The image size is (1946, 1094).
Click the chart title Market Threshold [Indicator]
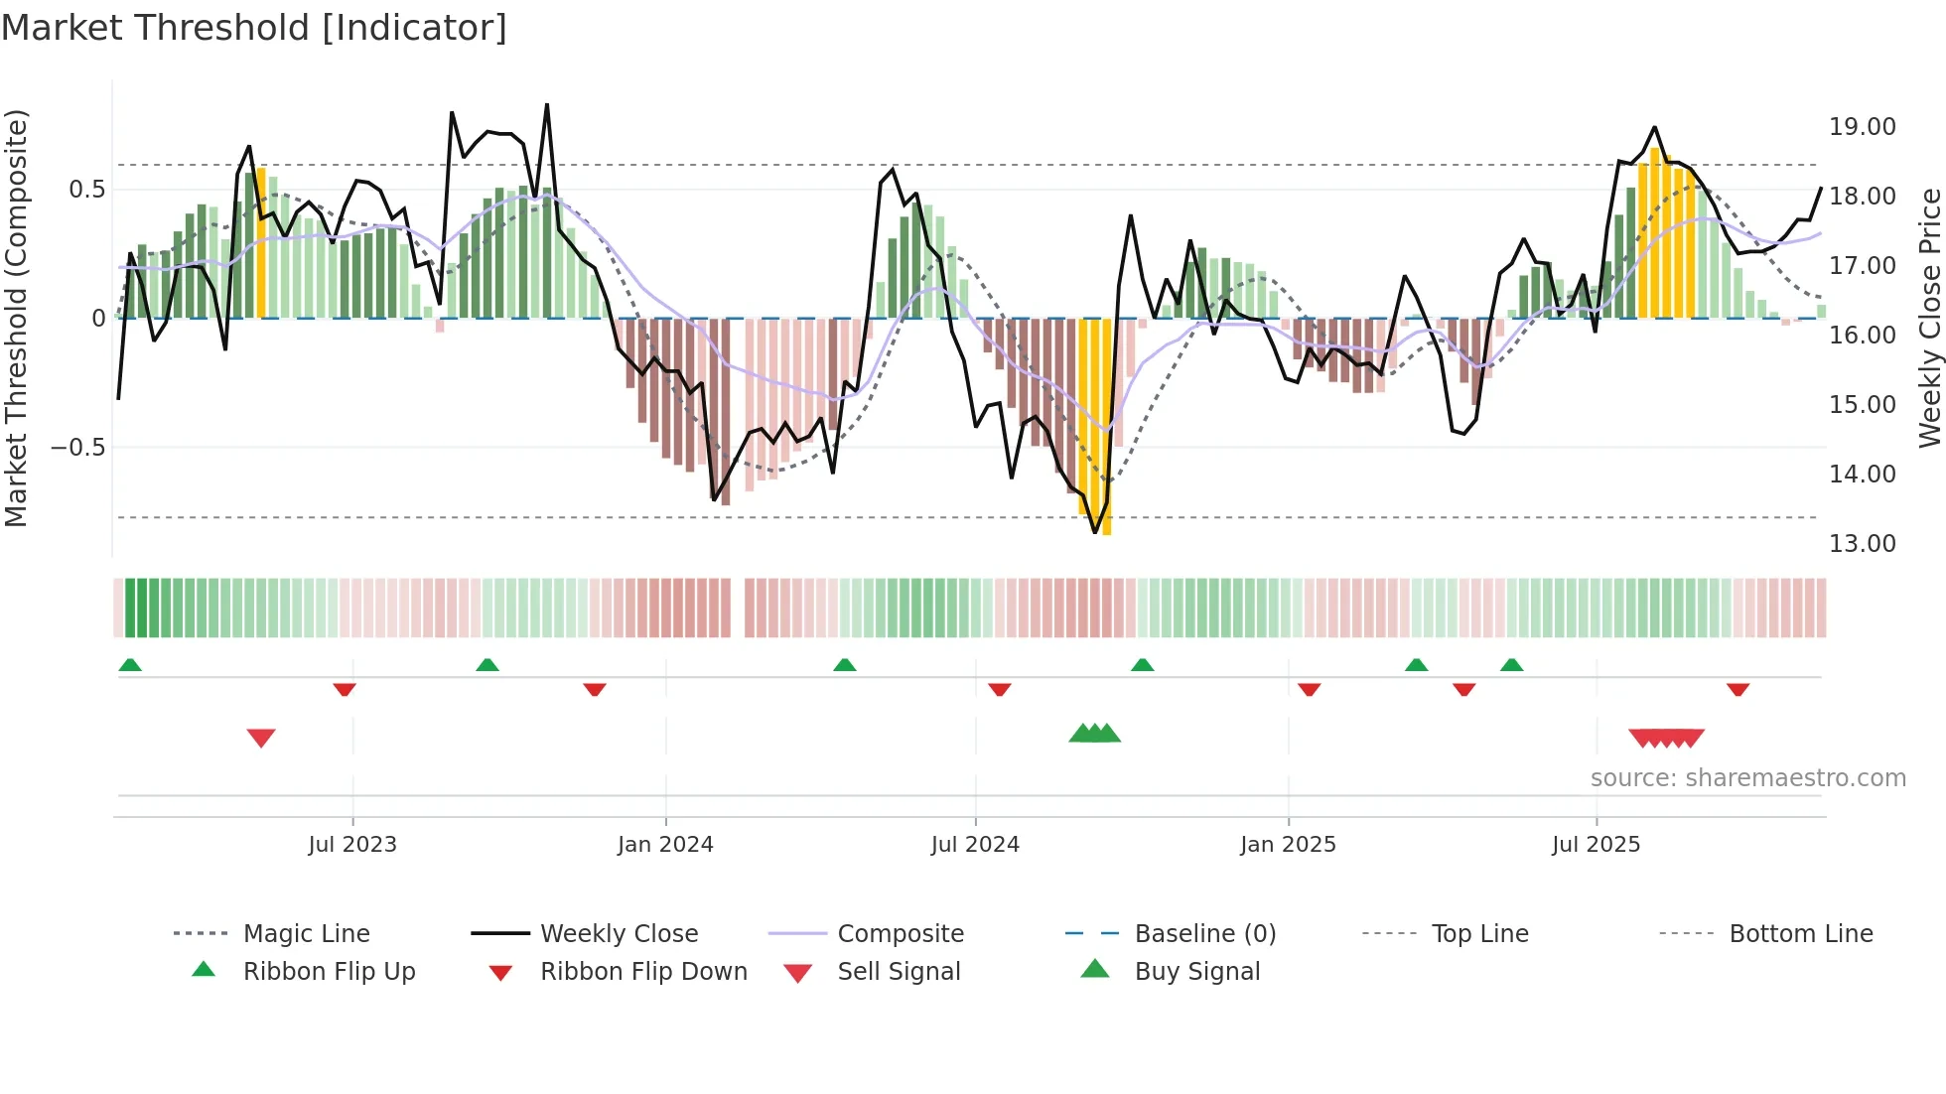pos(254,28)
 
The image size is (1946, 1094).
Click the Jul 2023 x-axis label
pos(352,845)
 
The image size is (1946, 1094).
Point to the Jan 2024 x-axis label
pos(665,845)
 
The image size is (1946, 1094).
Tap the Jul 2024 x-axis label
pos(975,845)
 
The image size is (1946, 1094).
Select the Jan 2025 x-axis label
pos(1288,845)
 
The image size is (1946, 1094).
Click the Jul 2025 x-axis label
pos(1597,845)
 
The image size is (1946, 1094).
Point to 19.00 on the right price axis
pos(1862,127)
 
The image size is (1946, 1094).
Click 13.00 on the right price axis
pos(1862,544)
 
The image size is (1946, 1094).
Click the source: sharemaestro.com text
pos(1747,778)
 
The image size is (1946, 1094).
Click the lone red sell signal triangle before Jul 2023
pos(261,738)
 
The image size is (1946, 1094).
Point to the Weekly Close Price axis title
pos(1929,318)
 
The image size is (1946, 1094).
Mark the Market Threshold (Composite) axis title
pos(17,318)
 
